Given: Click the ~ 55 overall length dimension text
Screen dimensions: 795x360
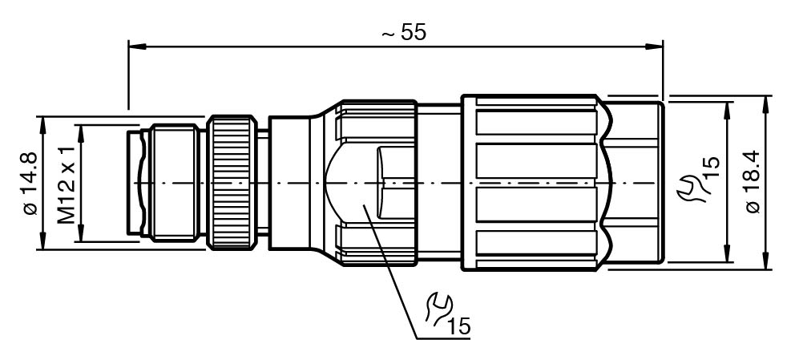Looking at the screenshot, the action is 404,33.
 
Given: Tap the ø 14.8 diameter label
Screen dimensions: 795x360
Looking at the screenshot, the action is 31,183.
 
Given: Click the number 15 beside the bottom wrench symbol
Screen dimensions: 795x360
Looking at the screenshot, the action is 460,327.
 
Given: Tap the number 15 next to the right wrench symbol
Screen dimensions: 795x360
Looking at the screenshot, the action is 712,169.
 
